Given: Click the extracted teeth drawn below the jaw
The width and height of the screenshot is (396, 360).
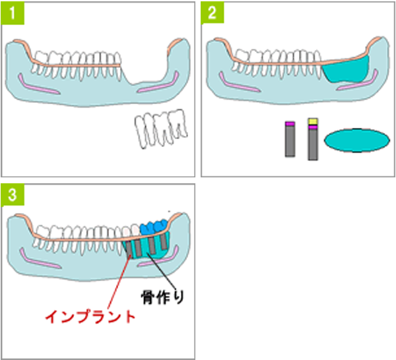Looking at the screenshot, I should coord(160,129).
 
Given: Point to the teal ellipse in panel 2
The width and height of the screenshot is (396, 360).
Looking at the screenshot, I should coord(356,140).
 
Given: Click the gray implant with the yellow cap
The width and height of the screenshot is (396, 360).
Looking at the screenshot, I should coord(313,140).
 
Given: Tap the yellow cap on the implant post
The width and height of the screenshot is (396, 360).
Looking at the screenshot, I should coord(313,121).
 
